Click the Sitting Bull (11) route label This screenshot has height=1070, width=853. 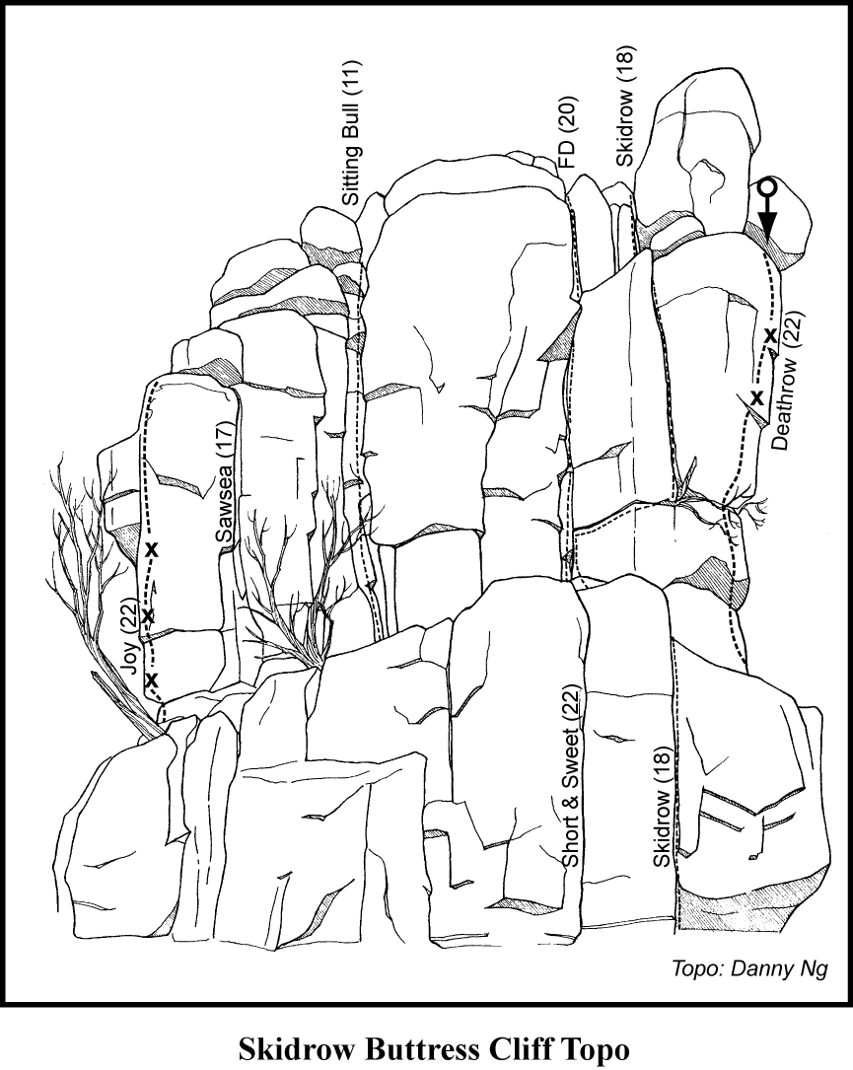point(351,134)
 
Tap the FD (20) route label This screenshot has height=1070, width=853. point(568,133)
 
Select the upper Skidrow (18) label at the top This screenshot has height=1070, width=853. point(625,107)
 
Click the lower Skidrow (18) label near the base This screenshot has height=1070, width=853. point(663,807)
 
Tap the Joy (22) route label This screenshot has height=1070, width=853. point(129,635)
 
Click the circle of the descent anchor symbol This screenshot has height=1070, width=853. point(768,187)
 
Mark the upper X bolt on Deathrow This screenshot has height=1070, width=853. point(770,335)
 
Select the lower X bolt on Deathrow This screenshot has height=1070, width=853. point(756,397)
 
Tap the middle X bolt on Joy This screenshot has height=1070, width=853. point(148,616)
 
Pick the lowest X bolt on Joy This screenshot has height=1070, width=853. point(152,679)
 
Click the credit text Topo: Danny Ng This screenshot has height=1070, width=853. point(749,969)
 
